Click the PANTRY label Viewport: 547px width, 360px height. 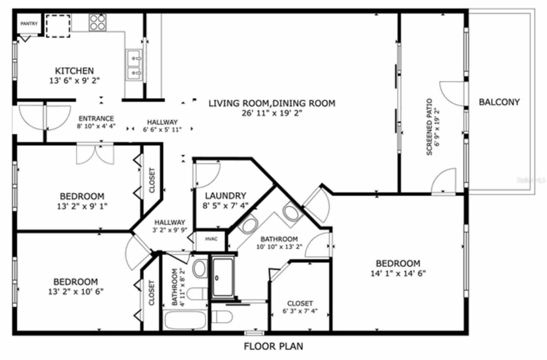tap(29, 24)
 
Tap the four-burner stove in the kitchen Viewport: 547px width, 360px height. tap(97, 22)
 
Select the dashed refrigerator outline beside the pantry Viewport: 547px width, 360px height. tap(58, 26)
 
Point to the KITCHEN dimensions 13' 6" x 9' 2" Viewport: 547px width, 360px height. tap(74, 80)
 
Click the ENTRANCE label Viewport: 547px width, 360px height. tap(96, 118)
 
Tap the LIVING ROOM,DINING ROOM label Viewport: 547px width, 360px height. tap(272, 103)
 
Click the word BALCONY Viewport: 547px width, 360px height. tap(499, 102)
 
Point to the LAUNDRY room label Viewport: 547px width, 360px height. tap(225, 196)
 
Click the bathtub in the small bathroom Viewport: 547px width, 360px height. tap(185, 320)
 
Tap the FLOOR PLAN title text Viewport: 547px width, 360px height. tap(273, 346)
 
